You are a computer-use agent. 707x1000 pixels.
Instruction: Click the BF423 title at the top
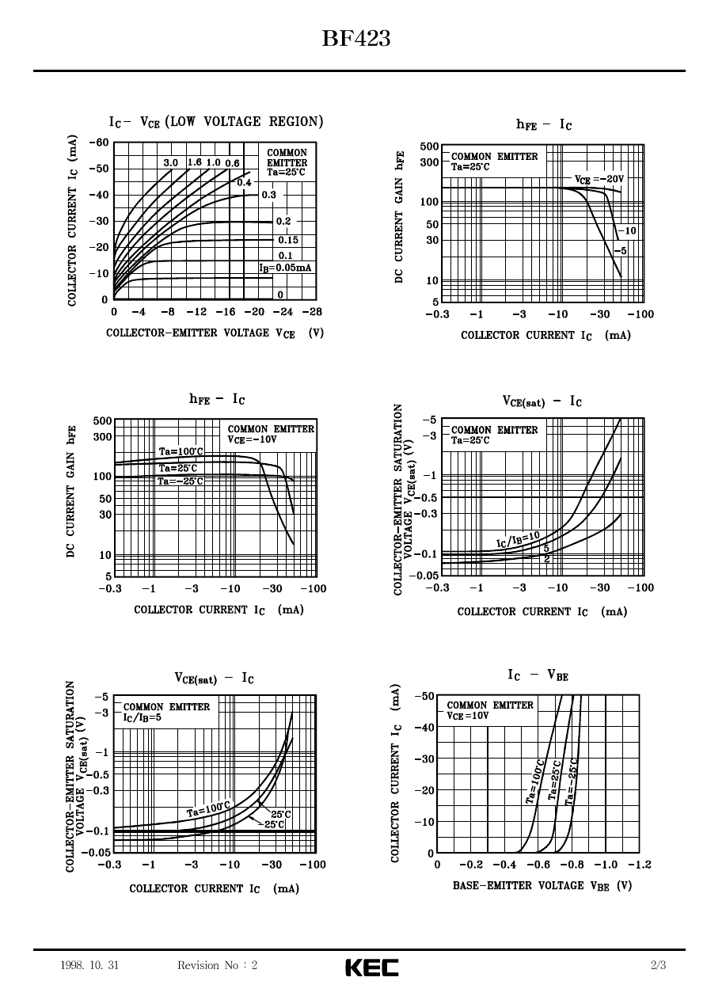pyautogui.click(x=355, y=39)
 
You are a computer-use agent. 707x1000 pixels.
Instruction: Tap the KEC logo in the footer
pyautogui.click(x=371, y=967)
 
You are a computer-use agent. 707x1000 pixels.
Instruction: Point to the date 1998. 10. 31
pyautogui.click(x=89, y=965)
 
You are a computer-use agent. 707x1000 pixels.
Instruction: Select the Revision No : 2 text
pyautogui.click(x=218, y=965)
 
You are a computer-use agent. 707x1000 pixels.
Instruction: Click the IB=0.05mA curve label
pyautogui.click(x=286, y=268)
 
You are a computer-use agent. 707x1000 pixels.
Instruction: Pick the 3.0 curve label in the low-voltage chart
pyautogui.click(x=170, y=163)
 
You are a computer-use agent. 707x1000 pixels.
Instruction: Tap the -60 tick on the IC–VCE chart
pyautogui.click(x=98, y=143)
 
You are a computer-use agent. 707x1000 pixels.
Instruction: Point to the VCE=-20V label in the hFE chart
pyautogui.click(x=599, y=179)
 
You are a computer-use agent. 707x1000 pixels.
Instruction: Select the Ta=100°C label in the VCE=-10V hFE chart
pyautogui.click(x=181, y=451)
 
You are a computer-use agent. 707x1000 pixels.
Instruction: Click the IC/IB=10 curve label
pyautogui.click(x=519, y=539)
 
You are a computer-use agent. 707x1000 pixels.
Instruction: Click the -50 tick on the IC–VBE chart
pyautogui.click(x=424, y=696)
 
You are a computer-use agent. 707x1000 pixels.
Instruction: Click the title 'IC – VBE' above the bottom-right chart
pyautogui.click(x=538, y=675)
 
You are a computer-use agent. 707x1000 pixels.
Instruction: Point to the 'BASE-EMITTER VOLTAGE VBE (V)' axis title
pyautogui.click(x=542, y=886)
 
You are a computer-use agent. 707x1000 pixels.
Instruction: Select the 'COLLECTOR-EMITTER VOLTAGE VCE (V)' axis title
pyautogui.click(x=215, y=333)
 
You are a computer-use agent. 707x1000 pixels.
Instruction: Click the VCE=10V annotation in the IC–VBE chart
pyautogui.click(x=468, y=716)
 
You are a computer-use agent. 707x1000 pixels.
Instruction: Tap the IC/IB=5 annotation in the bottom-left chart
pyautogui.click(x=143, y=717)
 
